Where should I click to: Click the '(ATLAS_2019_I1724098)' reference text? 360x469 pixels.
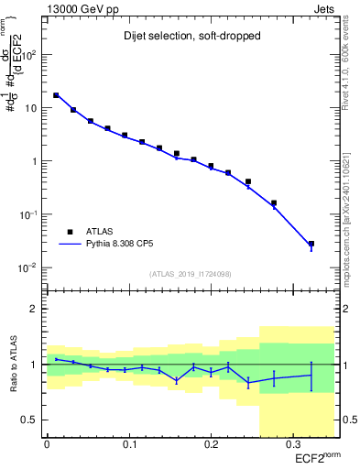coord(191,274)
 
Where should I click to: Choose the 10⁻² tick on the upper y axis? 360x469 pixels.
coord(27,267)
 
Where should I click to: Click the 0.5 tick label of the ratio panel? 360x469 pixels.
coord(30,420)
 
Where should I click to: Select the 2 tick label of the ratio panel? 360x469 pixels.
coord(35,309)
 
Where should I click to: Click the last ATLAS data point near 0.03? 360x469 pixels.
coord(311,245)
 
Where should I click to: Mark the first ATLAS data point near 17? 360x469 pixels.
coord(56,95)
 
